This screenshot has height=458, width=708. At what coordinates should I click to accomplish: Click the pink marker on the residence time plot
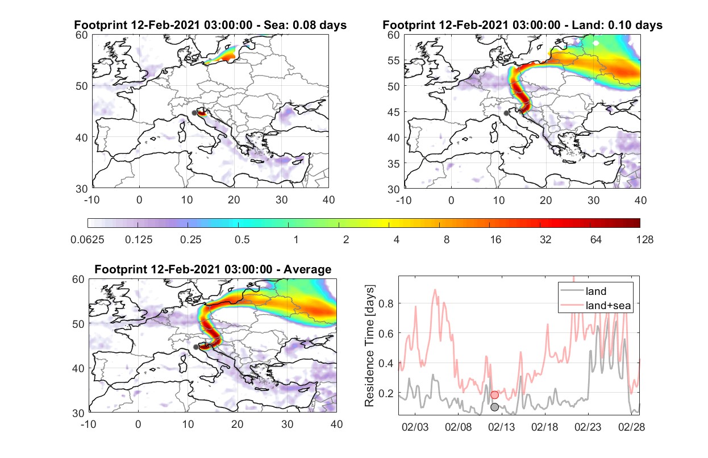495,394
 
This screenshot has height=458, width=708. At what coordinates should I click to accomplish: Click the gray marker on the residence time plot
495,407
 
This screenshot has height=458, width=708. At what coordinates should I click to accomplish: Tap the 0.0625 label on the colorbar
88,240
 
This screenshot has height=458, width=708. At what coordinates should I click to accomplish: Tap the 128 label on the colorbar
644,240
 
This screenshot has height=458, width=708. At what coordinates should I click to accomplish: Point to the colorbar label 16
495,240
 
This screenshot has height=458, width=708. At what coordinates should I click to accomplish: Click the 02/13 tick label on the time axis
501,427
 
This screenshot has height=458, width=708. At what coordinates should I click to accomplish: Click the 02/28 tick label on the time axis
631,427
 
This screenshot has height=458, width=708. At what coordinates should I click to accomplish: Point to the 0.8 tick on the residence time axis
386,304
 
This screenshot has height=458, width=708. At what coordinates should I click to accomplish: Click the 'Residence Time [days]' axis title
369,345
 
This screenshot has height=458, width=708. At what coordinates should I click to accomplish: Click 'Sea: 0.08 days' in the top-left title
305,25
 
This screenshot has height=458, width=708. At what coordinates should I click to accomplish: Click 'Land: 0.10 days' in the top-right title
617,25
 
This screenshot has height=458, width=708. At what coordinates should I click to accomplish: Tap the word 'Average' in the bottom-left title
307,269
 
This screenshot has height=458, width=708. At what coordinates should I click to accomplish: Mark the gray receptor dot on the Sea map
194,113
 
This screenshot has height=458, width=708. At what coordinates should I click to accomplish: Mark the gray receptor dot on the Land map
506,113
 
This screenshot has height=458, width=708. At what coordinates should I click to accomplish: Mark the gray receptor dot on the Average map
196,347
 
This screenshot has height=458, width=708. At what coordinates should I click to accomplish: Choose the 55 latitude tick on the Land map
393,60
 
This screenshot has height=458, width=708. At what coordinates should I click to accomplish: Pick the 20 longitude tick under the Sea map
234,200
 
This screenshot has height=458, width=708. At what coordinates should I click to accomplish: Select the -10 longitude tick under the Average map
88,424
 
